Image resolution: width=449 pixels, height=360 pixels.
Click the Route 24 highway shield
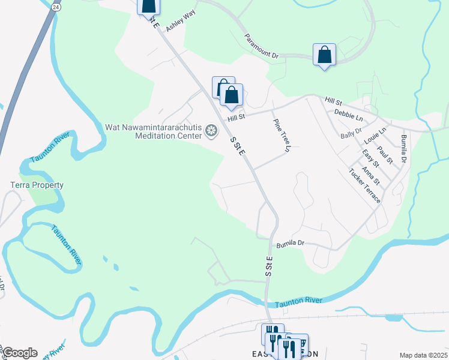click(x=55, y=7)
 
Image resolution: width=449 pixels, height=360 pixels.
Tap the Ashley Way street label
click(x=181, y=25)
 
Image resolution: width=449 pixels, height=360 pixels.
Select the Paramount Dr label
click(x=262, y=46)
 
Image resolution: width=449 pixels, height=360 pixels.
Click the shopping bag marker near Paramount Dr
click(x=324, y=55)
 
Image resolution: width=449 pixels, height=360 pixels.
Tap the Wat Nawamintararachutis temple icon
click(x=211, y=131)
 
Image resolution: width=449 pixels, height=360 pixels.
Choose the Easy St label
click(x=372, y=159)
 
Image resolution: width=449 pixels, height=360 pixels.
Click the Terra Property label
click(x=37, y=185)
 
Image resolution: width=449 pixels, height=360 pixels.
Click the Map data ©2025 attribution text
click(x=423, y=355)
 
